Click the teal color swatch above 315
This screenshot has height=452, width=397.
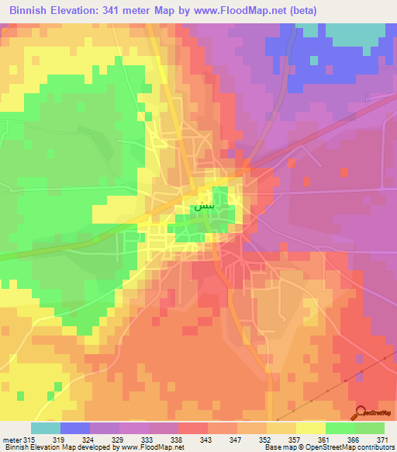46,428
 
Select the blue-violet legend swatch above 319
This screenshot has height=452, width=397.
75,428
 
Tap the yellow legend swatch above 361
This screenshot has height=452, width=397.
311,428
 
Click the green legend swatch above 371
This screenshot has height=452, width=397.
370,428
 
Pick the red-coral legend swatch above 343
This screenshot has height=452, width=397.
193,428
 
